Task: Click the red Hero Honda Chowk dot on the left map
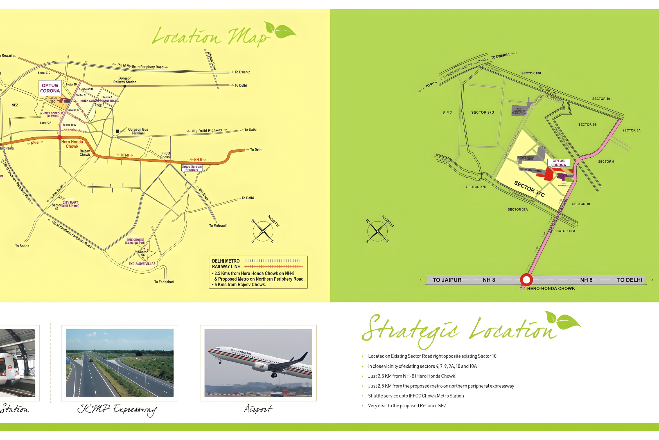60,137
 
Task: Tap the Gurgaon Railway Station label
125,80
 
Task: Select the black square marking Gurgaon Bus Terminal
118,131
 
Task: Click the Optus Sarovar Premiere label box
192,168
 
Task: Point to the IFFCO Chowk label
165,155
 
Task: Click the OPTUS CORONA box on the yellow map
50,88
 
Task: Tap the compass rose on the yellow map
263,231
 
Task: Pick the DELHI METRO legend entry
226,261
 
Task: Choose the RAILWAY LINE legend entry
226,267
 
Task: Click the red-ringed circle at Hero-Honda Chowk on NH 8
526,280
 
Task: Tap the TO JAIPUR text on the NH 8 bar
447,280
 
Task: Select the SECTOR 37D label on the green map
482,112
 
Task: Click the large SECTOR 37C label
529,189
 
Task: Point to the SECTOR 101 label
602,99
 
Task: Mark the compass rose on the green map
378,231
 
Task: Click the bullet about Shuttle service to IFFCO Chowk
416,396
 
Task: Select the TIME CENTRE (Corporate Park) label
135,241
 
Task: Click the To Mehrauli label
218,226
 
